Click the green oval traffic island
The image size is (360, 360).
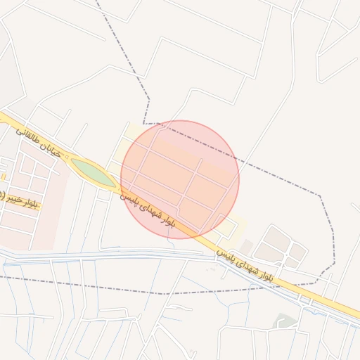pyautogui.click(x=92, y=172)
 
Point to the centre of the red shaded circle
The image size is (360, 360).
pyautogui.click(x=180, y=179)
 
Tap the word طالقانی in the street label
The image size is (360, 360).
pyautogui.click(x=28, y=133)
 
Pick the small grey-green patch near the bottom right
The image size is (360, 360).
pyautogui.click(x=284, y=321)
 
